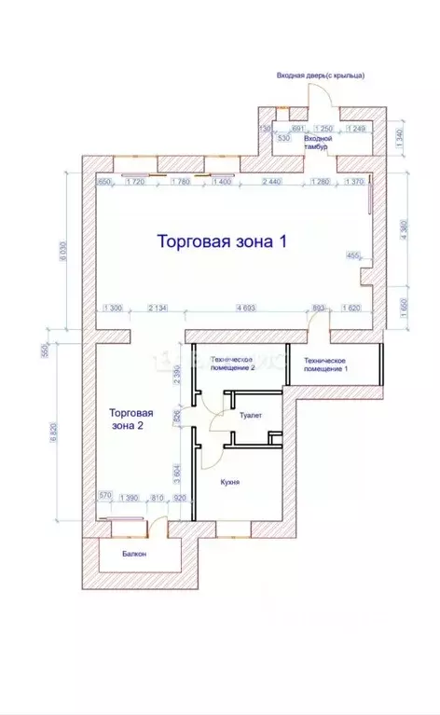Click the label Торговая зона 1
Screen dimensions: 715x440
(x=221, y=241)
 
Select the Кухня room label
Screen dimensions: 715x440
(x=231, y=482)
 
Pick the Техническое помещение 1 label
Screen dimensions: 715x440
(x=324, y=364)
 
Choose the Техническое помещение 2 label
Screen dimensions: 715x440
(x=232, y=363)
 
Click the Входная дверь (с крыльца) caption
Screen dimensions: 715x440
(x=320, y=75)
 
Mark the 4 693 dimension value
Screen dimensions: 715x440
(x=247, y=308)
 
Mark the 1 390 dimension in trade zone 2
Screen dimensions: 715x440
(x=130, y=499)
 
